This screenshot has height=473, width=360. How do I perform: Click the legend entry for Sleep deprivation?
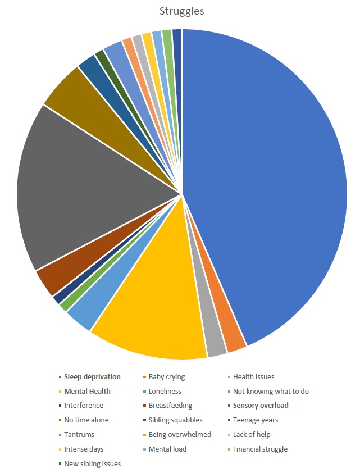click(x=92, y=377)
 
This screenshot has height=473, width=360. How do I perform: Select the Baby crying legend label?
click(x=166, y=377)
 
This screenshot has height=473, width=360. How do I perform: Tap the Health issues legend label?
click(x=253, y=377)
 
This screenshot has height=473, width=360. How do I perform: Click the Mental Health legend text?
click(x=87, y=392)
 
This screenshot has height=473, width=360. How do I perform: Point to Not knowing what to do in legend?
click(x=271, y=392)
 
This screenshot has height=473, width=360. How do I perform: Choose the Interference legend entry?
click(x=83, y=406)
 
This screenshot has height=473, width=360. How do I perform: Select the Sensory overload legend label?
click(x=261, y=406)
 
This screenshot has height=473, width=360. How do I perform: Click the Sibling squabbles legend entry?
click(x=175, y=420)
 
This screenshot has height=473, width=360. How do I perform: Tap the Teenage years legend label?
click(x=256, y=420)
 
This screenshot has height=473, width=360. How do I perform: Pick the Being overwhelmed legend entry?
click(x=180, y=434)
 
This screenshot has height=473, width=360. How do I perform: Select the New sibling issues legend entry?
click(x=92, y=463)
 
